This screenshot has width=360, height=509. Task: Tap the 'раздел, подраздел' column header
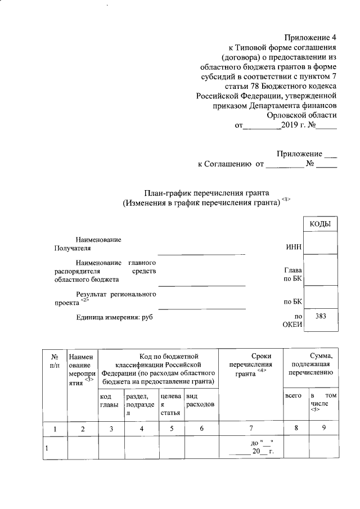click(x=140, y=404)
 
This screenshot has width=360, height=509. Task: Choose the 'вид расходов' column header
click(x=199, y=400)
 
